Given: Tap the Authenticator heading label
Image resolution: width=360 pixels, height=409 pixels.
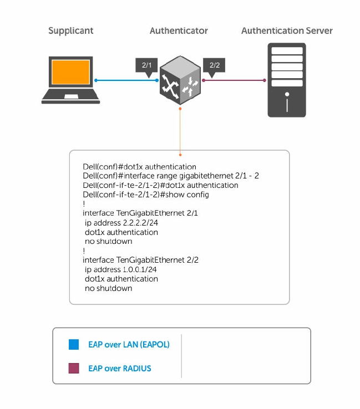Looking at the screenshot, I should [x=179, y=30].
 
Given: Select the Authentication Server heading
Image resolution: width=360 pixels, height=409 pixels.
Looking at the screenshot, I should [x=287, y=30].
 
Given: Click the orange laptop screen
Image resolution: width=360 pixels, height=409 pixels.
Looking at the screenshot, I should [x=71, y=73].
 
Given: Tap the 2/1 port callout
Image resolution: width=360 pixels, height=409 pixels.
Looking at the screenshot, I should [x=147, y=65].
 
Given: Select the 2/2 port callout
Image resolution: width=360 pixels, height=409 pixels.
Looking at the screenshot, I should [x=214, y=65].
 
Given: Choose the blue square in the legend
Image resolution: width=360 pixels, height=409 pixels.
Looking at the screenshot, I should [x=74, y=345].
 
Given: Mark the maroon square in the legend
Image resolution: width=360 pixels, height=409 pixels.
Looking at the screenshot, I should [x=74, y=369].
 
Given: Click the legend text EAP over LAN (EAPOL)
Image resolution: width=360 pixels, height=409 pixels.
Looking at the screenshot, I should [x=129, y=345].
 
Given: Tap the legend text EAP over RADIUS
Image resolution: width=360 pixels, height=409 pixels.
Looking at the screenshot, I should [x=120, y=369].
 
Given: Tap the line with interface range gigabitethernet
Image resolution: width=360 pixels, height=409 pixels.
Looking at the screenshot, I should [x=171, y=176].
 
